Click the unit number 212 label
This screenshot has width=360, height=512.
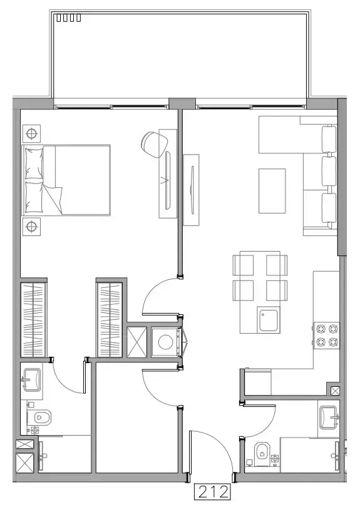coord(213,492)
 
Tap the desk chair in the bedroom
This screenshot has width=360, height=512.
coord(151,142)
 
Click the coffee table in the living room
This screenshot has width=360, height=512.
coord(272,190)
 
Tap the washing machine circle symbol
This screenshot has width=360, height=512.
coord(166,342)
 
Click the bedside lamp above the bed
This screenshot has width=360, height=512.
coord(31,133)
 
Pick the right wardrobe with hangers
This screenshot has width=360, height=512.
coord(110,319)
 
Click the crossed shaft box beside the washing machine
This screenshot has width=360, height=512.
coord(137,342)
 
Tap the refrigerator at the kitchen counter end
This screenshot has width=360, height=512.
coord(257,381)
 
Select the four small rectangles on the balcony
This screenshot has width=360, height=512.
coord(68,18)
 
